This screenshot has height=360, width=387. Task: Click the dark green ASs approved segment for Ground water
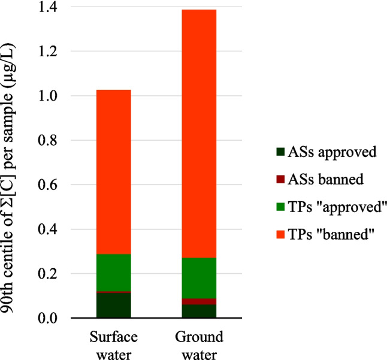pos(191,311)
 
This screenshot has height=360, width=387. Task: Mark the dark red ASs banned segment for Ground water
pos(191,301)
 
